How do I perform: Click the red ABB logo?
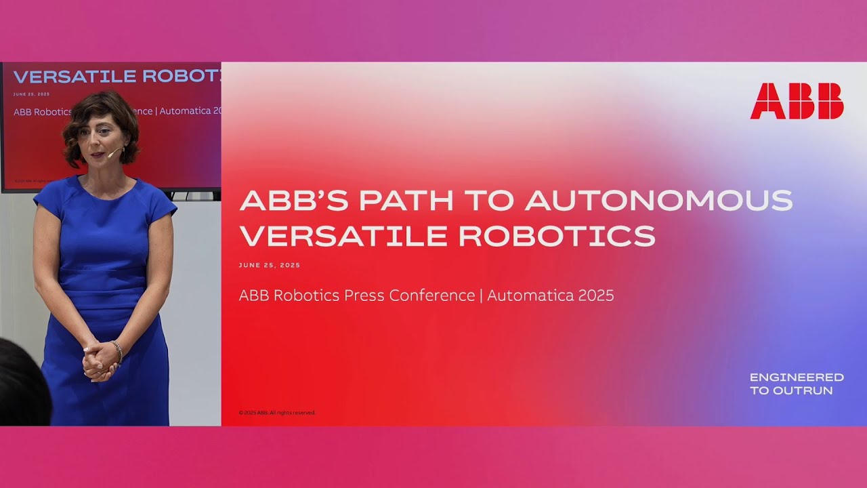tap(797, 101)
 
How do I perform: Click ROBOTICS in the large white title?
tap(557, 235)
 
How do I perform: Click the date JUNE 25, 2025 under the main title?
tap(270, 266)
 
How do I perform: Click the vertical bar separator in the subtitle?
tap(481, 296)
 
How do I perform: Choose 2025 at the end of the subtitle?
tap(596, 296)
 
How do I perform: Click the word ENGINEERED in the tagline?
tap(797, 378)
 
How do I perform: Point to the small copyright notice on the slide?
tap(277, 413)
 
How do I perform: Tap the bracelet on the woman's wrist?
tap(118, 350)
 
